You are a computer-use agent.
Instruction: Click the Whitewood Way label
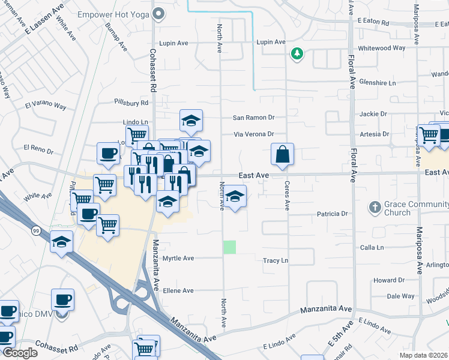pyautogui.click(x=381, y=48)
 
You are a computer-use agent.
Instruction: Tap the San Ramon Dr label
pyautogui.click(x=253, y=118)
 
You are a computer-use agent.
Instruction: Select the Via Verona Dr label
pyautogui.click(x=253, y=134)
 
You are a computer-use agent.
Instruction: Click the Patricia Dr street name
pyautogui.click(x=332, y=214)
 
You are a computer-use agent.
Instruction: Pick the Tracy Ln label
pyautogui.click(x=276, y=261)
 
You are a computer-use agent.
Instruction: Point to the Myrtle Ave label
pyautogui.click(x=178, y=258)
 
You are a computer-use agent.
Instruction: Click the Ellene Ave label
pyautogui.click(x=178, y=290)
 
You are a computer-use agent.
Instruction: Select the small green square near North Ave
pyautogui.click(x=230, y=247)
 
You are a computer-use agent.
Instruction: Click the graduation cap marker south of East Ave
pyautogui.click(x=235, y=196)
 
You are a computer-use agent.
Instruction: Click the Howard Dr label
pyautogui.click(x=389, y=280)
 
